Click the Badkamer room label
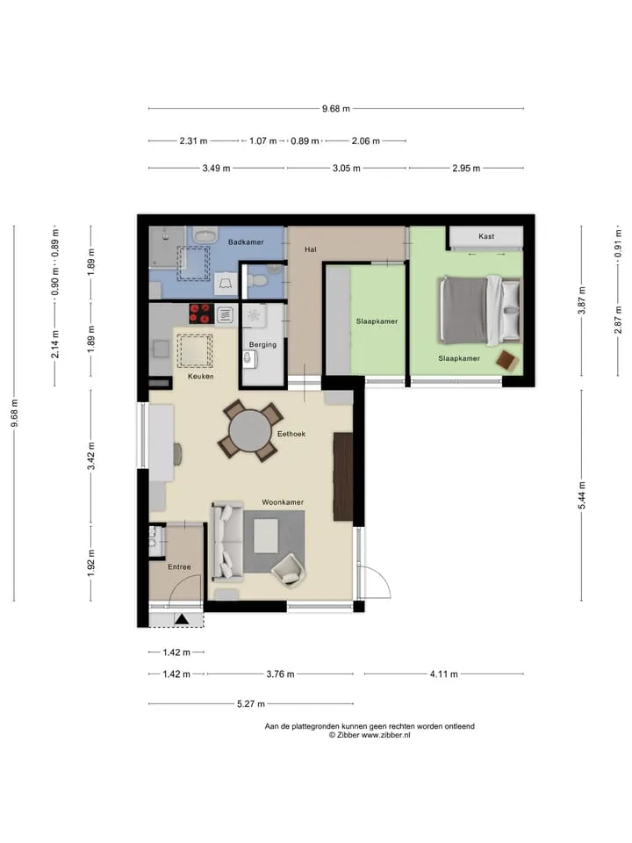point(246,242)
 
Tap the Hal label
point(311,249)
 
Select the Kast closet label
point(486,236)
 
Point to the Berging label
point(262,344)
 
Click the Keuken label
point(201,377)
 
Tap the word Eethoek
point(291,434)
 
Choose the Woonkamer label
point(283,502)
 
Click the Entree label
point(179,566)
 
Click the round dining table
point(250,431)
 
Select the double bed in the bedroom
point(479,310)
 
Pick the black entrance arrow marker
point(182,619)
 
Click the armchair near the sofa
point(289,571)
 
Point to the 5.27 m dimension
point(251,703)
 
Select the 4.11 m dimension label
point(444,674)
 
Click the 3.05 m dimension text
point(346,169)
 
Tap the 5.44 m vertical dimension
point(582,495)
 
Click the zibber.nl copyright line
point(370,735)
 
